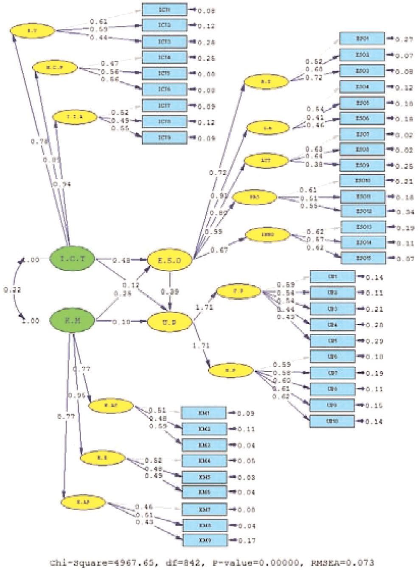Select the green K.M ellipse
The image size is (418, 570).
(72, 321)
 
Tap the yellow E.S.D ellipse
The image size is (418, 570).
(170, 260)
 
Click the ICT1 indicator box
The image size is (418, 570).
(164, 10)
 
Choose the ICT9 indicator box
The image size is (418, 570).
(164, 138)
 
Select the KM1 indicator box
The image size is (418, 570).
(204, 413)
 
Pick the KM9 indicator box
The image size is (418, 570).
(205, 541)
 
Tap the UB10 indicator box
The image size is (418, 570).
(332, 421)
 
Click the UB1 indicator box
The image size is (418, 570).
(332, 277)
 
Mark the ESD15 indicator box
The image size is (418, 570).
(363, 258)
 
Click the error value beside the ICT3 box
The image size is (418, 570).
(206, 42)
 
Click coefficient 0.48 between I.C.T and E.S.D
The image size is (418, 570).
(122, 260)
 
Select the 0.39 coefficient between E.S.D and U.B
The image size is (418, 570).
(169, 292)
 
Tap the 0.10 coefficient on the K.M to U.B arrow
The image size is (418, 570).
(121, 322)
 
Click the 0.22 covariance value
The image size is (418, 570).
(12, 290)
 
